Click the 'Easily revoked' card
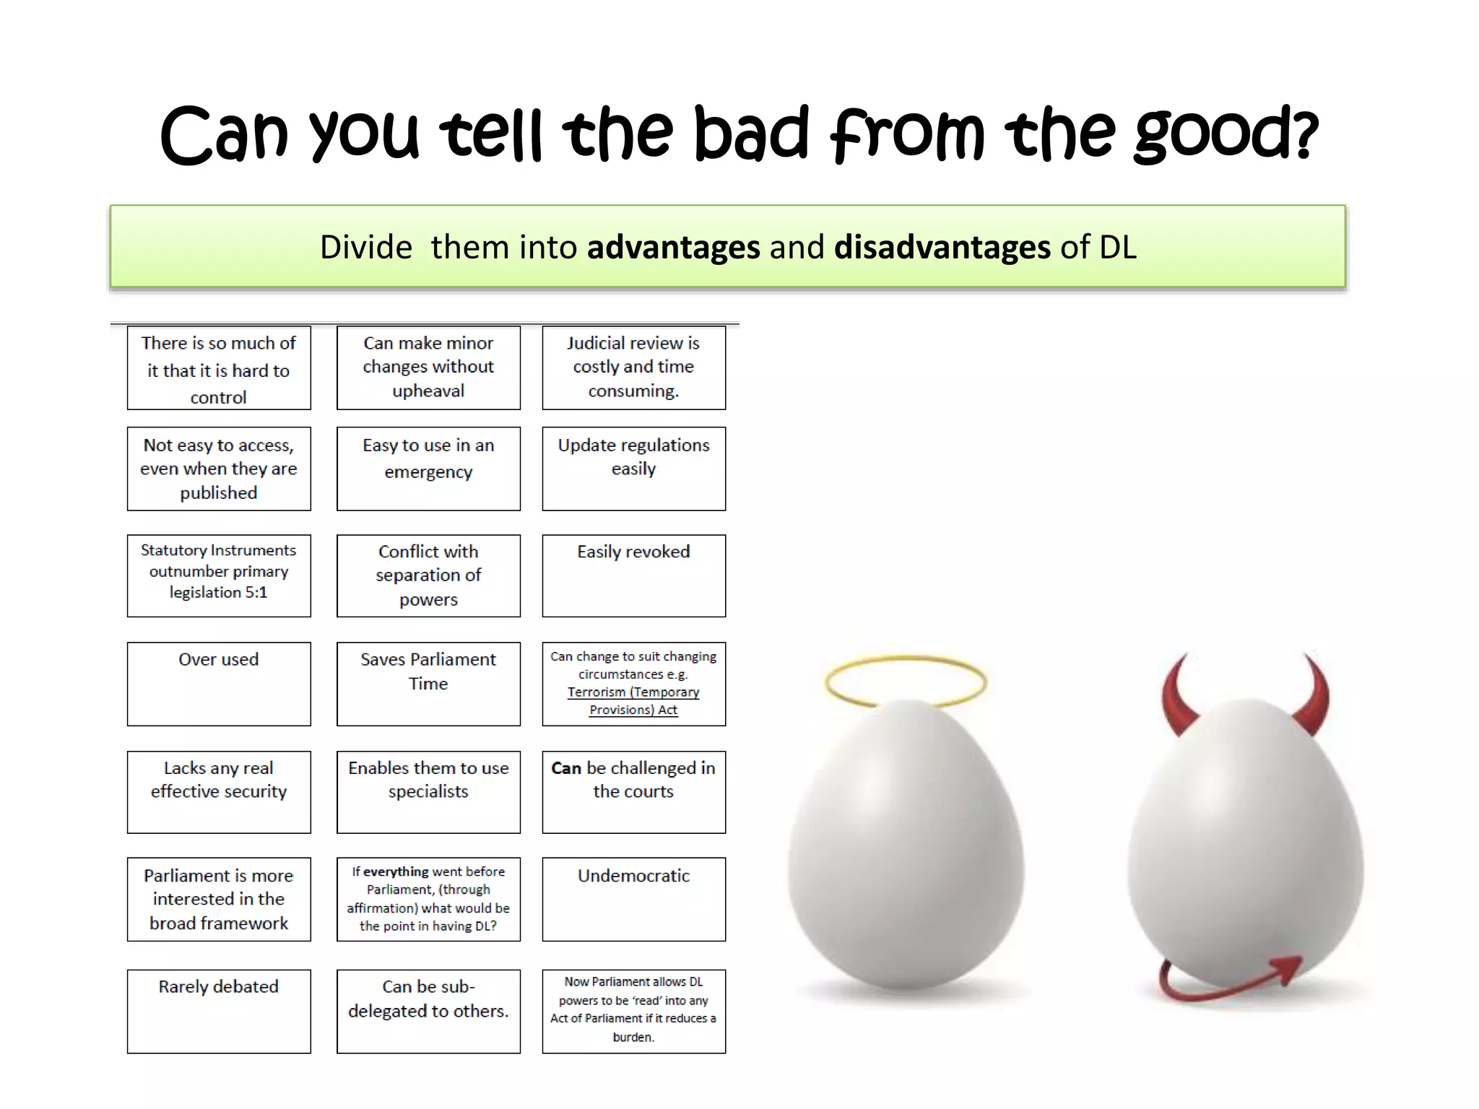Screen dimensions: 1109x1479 (633, 575)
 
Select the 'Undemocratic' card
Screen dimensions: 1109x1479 (633, 899)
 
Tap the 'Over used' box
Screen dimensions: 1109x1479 (219, 684)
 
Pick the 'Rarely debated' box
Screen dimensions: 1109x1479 (219, 1011)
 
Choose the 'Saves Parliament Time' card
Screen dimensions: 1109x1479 (428, 684)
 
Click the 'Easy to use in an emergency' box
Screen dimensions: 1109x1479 (428, 469)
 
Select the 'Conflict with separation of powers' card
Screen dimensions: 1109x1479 (428, 575)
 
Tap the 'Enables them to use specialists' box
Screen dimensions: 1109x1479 (428, 792)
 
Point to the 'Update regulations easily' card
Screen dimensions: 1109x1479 (633, 469)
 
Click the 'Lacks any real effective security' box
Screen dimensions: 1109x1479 (219, 792)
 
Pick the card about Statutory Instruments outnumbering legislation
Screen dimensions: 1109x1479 (219, 575)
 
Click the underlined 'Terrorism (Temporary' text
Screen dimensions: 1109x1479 (633, 692)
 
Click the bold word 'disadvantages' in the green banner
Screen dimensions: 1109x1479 (942, 247)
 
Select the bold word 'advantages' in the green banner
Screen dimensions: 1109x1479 (673, 247)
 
